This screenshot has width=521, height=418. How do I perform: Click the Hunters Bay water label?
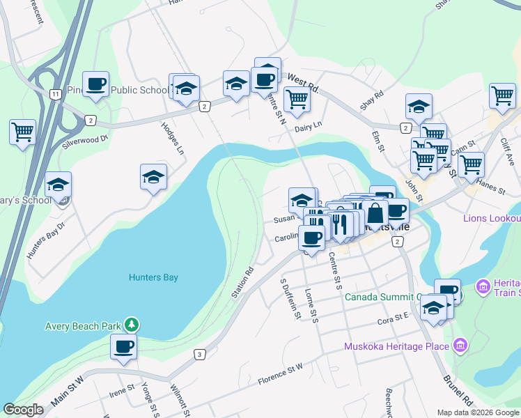point(153,277)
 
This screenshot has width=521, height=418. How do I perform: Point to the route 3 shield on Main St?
point(200,355)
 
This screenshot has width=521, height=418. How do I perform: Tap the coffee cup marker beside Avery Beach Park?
point(123,346)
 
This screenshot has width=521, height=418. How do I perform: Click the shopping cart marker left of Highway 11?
point(22,131)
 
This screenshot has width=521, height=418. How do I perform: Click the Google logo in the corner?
point(23,410)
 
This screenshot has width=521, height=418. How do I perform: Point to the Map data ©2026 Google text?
point(476,412)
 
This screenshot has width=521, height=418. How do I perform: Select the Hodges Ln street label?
point(172,139)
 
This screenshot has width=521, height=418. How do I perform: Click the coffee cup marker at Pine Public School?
point(95,85)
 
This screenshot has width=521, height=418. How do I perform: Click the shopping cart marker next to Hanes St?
point(471,164)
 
